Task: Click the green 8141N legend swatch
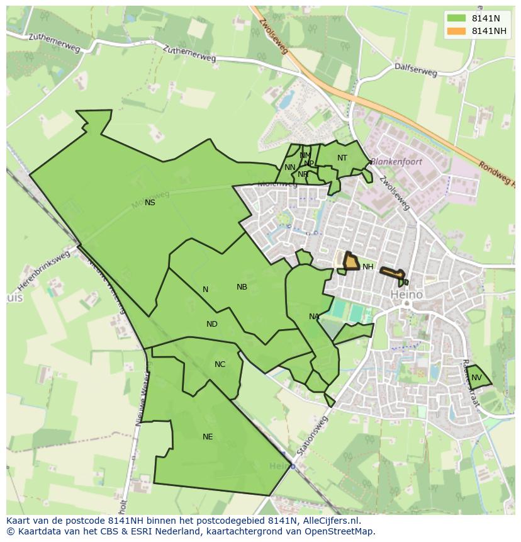click(457, 19)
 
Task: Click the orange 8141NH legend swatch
click(457, 31)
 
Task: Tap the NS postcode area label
click(150, 203)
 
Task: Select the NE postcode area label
click(208, 437)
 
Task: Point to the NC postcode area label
click(220, 364)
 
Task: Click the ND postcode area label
click(212, 324)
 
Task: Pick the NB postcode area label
click(242, 287)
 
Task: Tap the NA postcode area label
click(314, 317)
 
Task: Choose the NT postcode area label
click(342, 158)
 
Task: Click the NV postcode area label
click(476, 378)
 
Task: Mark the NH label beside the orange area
click(368, 267)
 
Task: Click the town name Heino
click(406, 294)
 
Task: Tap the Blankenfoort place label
click(396, 162)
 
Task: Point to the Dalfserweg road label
click(415, 69)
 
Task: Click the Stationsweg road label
click(313, 435)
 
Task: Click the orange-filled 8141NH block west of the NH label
click(350, 262)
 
